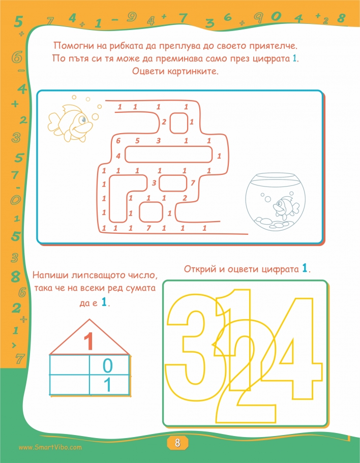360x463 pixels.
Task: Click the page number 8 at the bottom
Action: click(177, 443)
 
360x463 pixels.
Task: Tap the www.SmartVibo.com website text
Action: click(50, 447)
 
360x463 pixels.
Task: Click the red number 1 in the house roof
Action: click(88, 342)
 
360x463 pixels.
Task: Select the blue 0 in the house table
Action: click(107, 366)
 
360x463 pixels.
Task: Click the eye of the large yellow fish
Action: click(83, 119)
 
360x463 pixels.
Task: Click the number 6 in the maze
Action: click(118, 141)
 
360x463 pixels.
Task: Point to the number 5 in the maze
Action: click(137, 141)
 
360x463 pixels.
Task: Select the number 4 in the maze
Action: click(118, 156)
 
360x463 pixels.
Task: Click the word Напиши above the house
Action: click(50, 275)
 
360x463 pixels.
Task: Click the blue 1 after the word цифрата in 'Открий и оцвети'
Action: click(305, 269)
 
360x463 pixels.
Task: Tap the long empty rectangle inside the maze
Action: click(169, 154)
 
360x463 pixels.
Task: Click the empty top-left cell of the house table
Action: click(70, 365)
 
